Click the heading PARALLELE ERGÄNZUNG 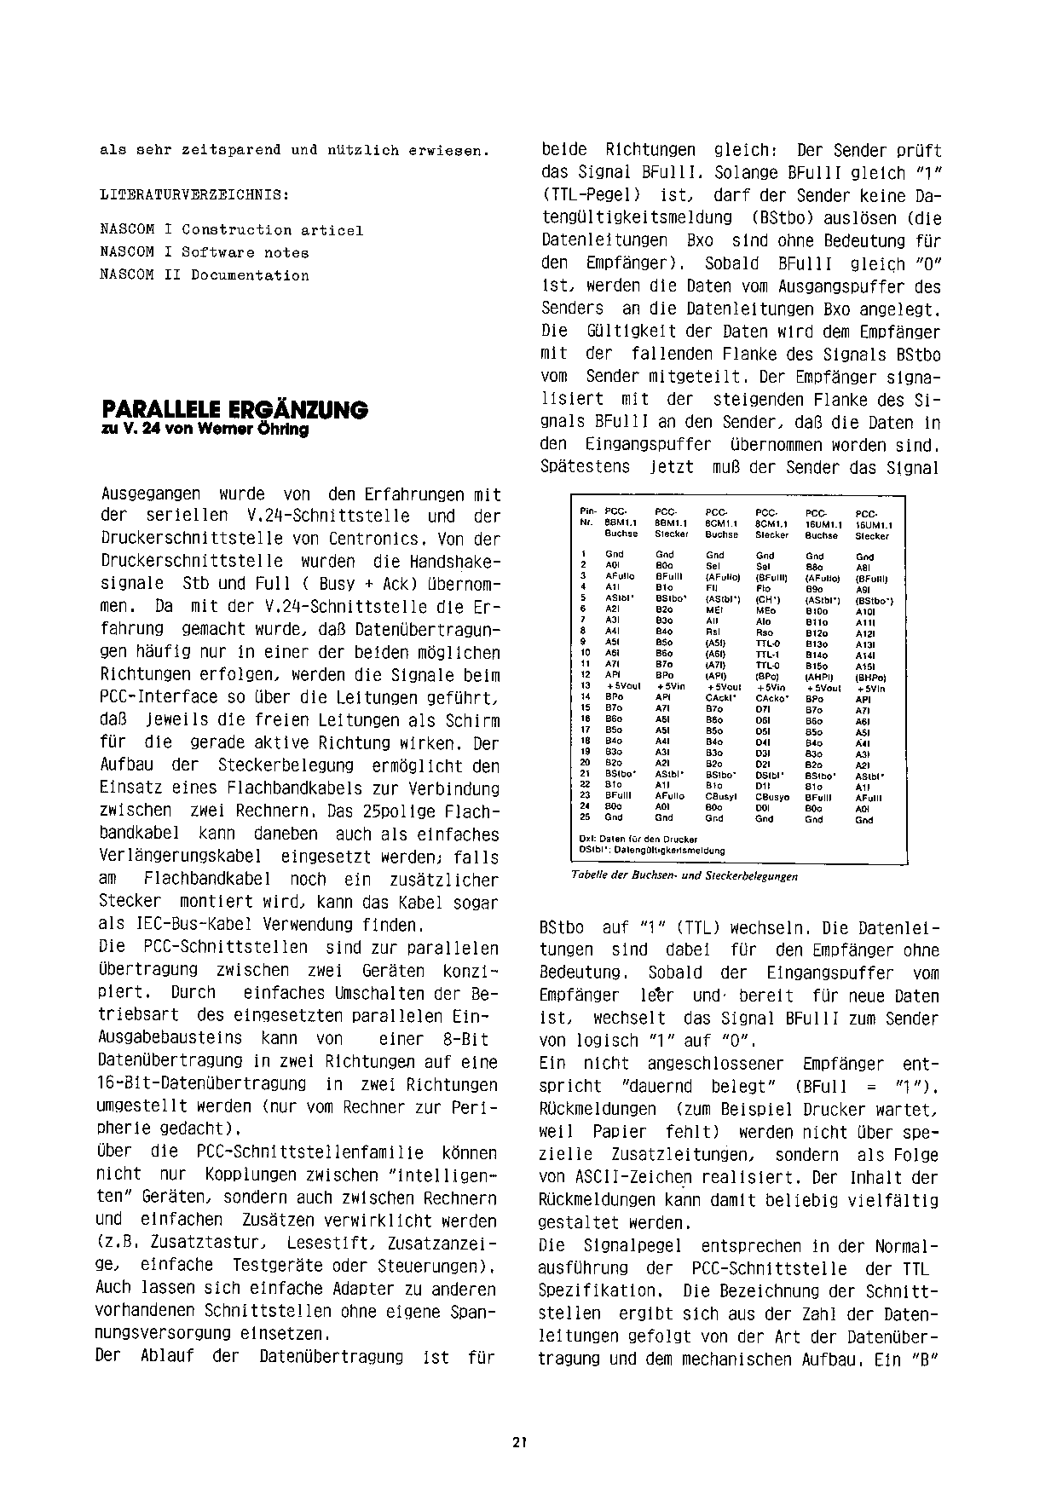tap(234, 410)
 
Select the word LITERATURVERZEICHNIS tap(193, 194)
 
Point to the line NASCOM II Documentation tap(204, 275)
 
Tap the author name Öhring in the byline tap(286, 430)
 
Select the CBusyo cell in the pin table tap(773, 796)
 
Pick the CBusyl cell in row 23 tap(722, 796)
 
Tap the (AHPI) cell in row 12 tap(819, 676)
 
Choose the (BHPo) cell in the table tap(870, 677)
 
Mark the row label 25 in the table tap(585, 817)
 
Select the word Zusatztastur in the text tap(194, 1244)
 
